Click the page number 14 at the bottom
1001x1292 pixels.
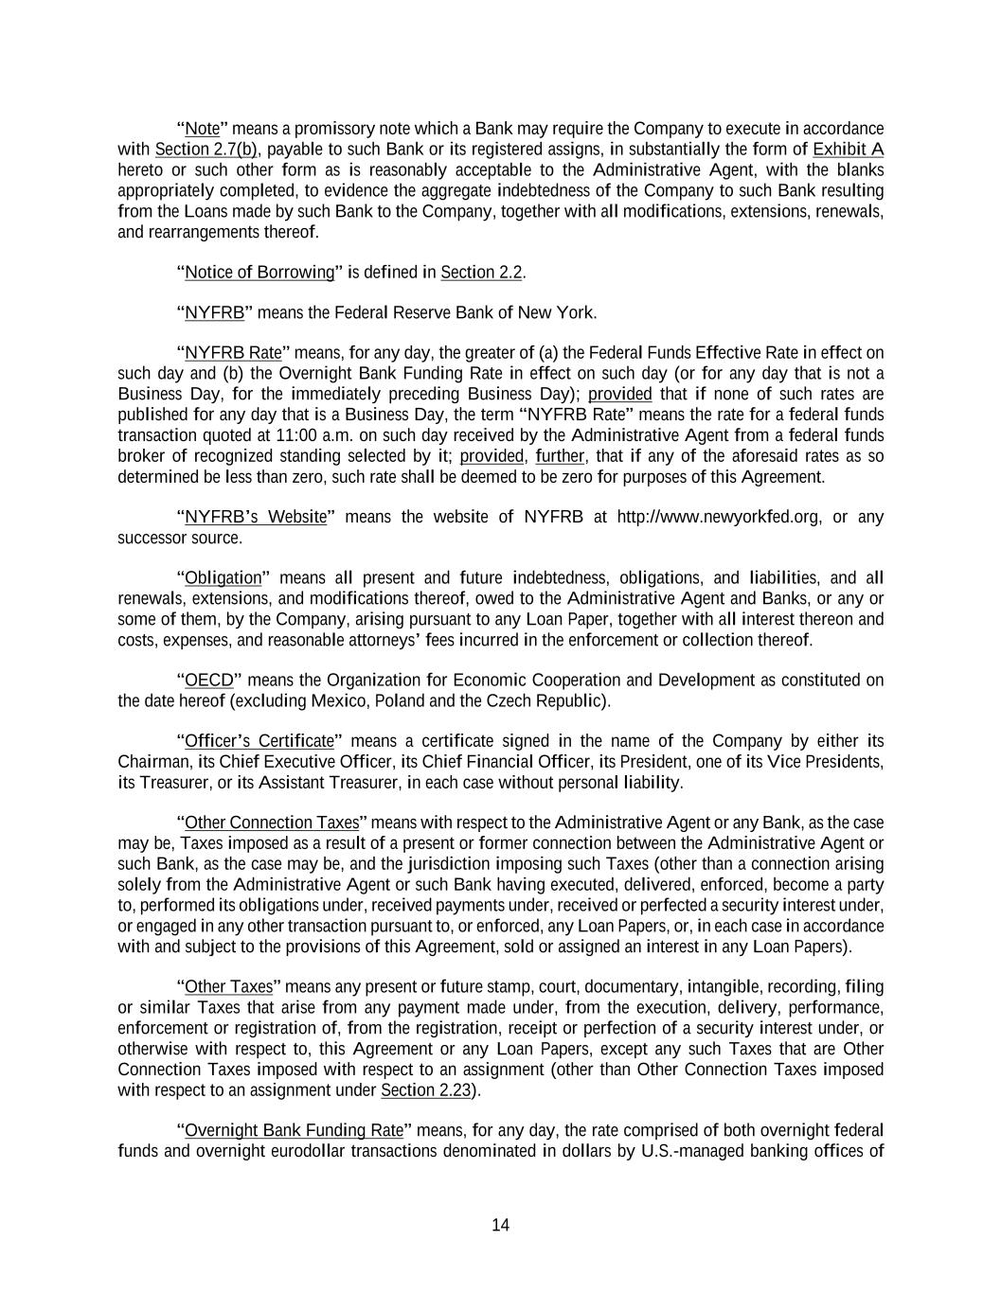(x=500, y=1225)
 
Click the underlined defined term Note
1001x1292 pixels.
(x=202, y=129)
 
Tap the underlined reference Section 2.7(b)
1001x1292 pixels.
(x=206, y=150)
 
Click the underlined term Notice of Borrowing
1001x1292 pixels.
(x=259, y=273)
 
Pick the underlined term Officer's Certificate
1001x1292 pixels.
(x=259, y=741)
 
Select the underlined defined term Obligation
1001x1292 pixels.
(x=223, y=578)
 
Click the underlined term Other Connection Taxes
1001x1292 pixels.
(x=272, y=823)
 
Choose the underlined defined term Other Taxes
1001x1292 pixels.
(x=228, y=987)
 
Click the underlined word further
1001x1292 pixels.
(x=560, y=456)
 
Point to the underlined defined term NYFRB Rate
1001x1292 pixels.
(x=233, y=354)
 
